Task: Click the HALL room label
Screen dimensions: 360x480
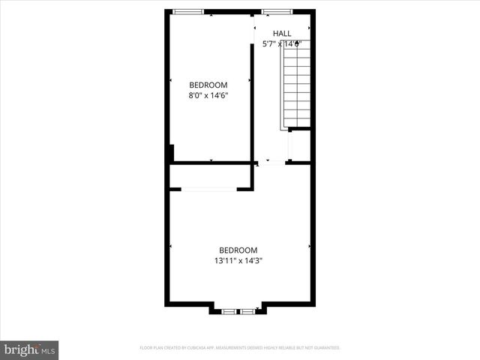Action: coord(282,33)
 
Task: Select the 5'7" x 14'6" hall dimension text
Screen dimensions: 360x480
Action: coord(282,44)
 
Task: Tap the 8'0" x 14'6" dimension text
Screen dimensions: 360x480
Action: coord(208,96)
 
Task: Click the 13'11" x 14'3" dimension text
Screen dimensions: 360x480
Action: coord(238,261)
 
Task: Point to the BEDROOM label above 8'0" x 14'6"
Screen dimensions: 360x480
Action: coord(208,85)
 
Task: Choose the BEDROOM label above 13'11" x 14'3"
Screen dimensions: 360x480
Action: coord(238,250)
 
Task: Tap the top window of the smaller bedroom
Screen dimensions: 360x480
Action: coord(187,11)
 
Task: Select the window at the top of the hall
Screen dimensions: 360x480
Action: coord(277,11)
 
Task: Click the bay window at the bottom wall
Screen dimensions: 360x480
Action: coord(238,309)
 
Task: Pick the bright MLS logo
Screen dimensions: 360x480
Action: coord(30,349)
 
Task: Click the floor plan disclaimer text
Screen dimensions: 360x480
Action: coord(240,348)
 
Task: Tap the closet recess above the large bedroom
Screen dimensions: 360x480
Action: coord(210,176)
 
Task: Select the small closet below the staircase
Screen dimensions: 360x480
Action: coord(300,145)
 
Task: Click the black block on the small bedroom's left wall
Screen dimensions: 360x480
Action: coord(172,152)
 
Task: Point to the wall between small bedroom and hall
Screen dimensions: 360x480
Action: coord(252,90)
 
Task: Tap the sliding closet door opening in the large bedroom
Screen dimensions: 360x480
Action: coord(209,189)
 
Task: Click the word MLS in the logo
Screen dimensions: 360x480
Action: coord(48,350)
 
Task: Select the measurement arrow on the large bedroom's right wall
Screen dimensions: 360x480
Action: coord(310,246)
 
